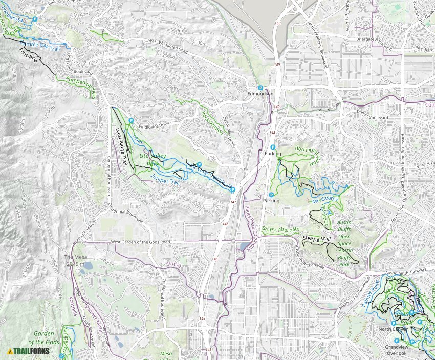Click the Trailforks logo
click(29, 351)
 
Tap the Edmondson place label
click(260, 94)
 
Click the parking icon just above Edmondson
click(260, 88)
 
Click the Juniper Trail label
click(165, 178)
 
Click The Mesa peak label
click(74, 260)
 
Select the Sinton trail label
click(174, 264)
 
